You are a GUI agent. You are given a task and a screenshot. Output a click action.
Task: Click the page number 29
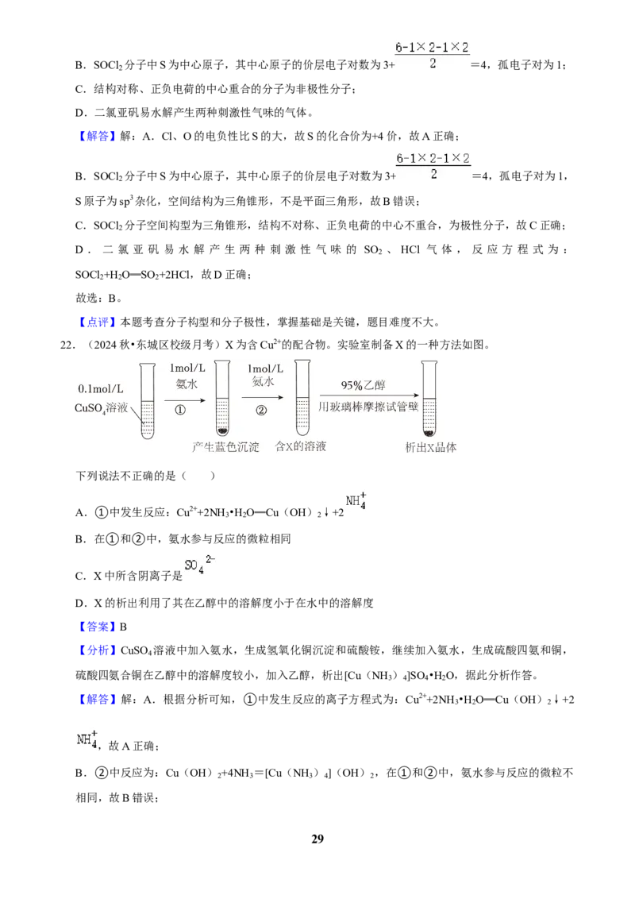pyautogui.click(x=317, y=839)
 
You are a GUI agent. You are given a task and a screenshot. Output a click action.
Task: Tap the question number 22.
pyautogui.click(x=67, y=345)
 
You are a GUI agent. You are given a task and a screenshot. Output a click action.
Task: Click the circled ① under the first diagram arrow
pyautogui.click(x=180, y=411)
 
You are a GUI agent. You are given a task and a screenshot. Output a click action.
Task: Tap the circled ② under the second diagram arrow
pyautogui.click(x=261, y=411)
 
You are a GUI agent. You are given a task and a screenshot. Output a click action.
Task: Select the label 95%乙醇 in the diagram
pyautogui.click(x=364, y=384)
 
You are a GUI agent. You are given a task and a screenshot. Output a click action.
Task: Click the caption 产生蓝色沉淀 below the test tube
pyautogui.click(x=225, y=446)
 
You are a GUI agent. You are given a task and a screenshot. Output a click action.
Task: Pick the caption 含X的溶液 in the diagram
pyautogui.click(x=300, y=446)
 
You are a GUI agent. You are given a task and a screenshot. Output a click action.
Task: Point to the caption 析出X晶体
pyautogui.click(x=431, y=447)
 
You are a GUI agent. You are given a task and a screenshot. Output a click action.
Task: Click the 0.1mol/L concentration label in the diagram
pyautogui.click(x=101, y=388)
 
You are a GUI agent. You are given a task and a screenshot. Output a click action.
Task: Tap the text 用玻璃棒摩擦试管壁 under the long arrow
pyautogui.click(x=368, y=407)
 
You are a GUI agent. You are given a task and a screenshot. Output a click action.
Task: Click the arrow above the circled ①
pyautogui.click(x=184, y=399)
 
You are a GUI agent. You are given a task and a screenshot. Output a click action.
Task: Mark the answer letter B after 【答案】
pyautogui.click(x=123, y=627)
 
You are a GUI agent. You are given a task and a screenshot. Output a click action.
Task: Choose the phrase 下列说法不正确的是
pyautogui.click(x=126, y=475)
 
